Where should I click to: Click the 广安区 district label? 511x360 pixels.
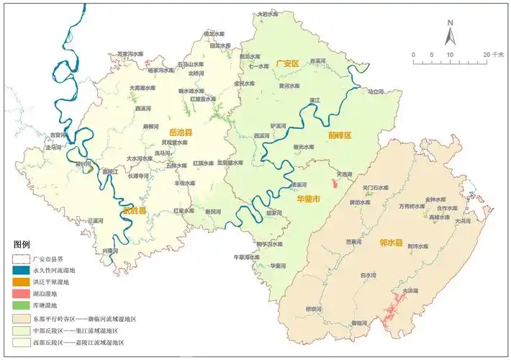(x=286, y=64)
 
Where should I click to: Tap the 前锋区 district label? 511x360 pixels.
(x=338, y=135)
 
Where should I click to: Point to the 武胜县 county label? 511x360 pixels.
(x=133, y=210)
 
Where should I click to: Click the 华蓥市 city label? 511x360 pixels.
(x=309, y=197)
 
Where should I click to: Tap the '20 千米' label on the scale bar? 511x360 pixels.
(x=494, y=55)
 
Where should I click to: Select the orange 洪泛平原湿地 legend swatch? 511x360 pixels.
(x=22, y=282)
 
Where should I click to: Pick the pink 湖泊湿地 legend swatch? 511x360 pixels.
(x=22, y=294)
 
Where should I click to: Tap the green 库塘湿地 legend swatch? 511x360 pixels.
(x=22, y=306)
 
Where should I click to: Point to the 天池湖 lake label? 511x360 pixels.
(x=345, y=174)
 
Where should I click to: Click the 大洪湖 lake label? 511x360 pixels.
(x=410, y=290)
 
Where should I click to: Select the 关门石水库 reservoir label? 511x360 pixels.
(x=375, y=188)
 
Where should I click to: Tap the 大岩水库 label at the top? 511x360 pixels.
(x=267, y=14)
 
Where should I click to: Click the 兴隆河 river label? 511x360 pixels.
(x=109, y=251)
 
